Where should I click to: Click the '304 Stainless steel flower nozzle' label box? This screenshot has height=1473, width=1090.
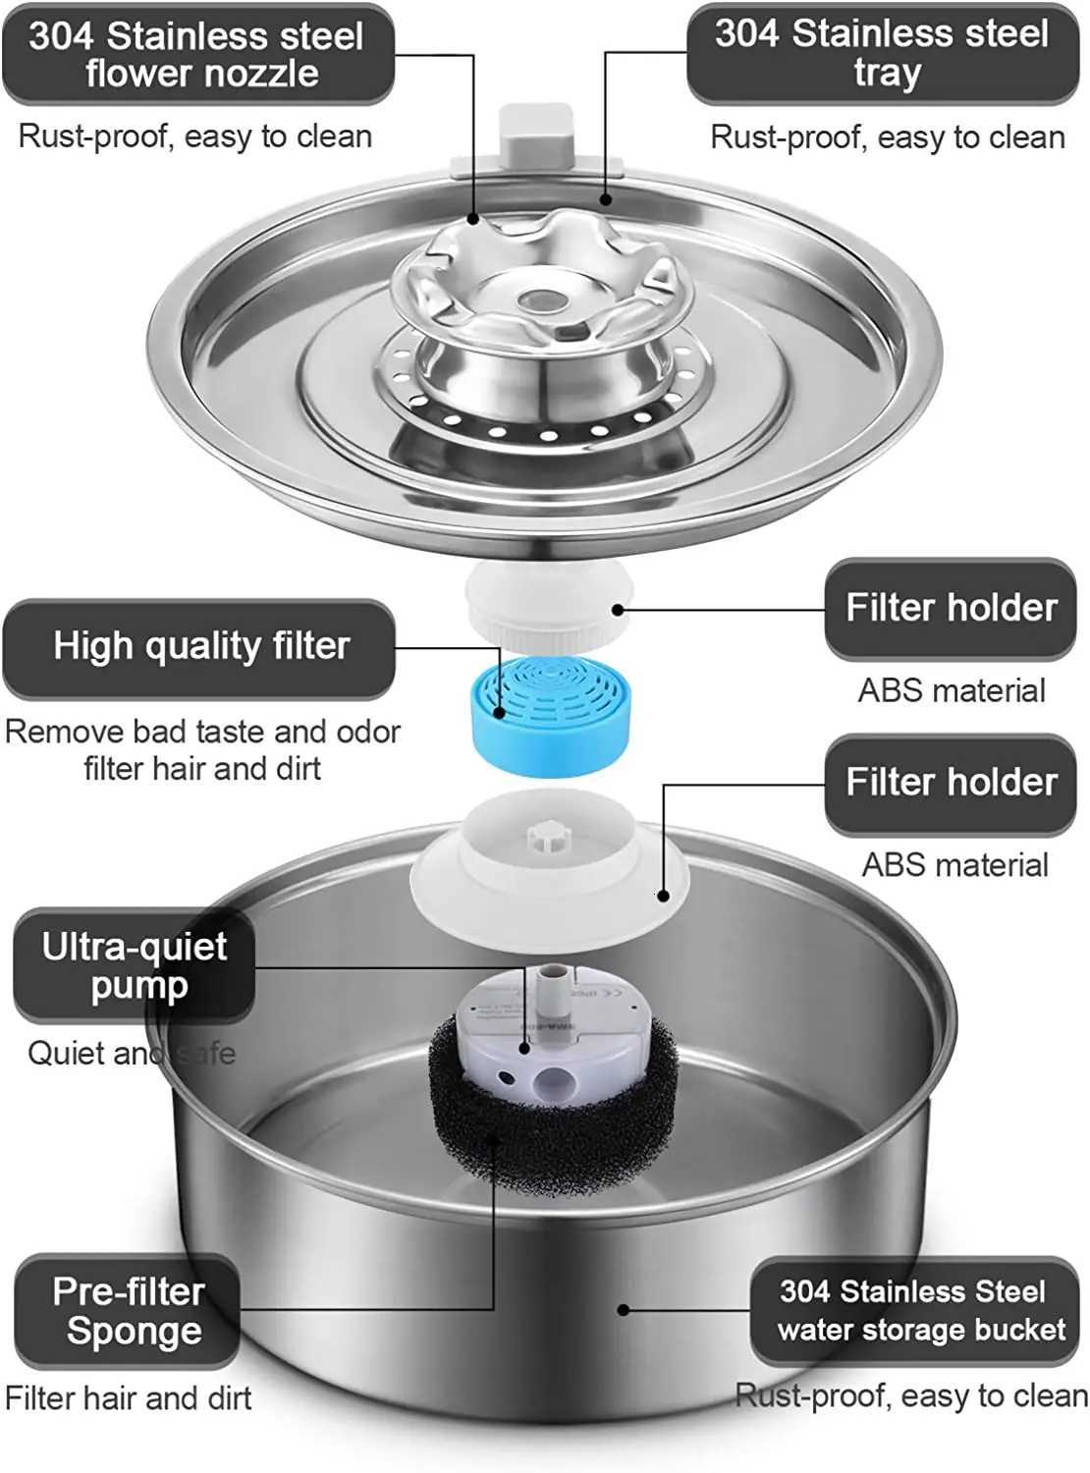pos(198,55)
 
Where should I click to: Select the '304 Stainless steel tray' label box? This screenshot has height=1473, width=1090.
pos(883,54)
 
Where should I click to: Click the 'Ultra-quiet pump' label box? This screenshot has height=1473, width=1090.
pos(135,967)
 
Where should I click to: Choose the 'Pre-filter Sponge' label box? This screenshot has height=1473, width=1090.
pos(129,1311)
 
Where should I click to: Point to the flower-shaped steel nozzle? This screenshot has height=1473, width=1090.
pos(543,285)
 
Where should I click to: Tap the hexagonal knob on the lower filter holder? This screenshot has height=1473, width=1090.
pos(546,838)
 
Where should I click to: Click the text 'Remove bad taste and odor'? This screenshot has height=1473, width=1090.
pos(202,733)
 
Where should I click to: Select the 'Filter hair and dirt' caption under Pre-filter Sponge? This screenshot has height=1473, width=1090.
pos(128,1397)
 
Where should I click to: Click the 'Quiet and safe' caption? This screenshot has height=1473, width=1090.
pos(131,1054)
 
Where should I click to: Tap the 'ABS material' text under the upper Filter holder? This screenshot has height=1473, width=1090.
pos(952,690)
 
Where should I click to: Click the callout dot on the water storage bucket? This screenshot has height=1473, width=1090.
pos(623,1309)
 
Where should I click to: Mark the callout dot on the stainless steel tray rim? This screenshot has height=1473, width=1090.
pos(606,200)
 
